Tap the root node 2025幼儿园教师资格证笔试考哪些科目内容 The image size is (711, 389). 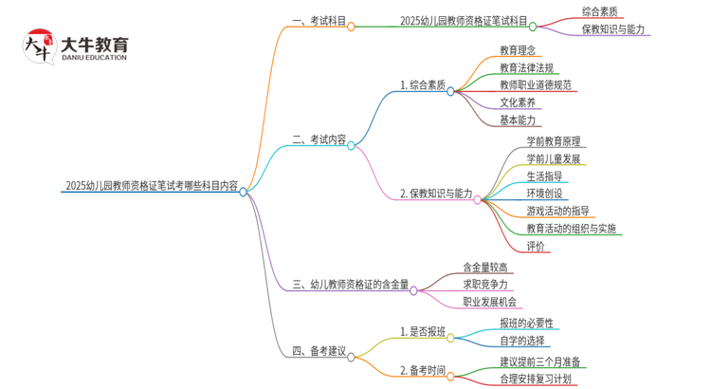click(152, 187)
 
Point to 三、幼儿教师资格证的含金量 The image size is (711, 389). click(351, 284)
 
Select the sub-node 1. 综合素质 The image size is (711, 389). click(423, 85)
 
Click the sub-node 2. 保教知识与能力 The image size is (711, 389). click(436, 194)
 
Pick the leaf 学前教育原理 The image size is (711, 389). click(555, 141)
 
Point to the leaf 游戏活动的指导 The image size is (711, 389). click(558, 211)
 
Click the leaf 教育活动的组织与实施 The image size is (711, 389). click(572, 229)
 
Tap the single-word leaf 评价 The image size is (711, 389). click(536, 247)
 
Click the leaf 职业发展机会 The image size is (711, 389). click(490, 302)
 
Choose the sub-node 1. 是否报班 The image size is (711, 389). click(423, 332)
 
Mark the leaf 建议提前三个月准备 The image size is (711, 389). click(541, 361)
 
